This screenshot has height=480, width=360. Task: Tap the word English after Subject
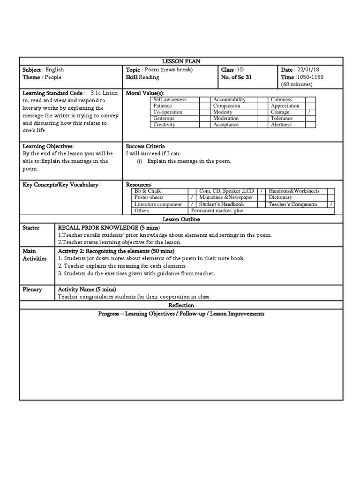[55, 69]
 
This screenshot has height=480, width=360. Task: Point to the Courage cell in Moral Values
[280, 112]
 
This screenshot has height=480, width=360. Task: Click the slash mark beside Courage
[310, 112]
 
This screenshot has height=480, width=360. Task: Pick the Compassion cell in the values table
[227, 106]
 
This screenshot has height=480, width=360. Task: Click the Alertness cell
[281, 125]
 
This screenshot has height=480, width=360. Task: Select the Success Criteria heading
[145, 146]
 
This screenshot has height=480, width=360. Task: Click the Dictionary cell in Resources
[281, 198]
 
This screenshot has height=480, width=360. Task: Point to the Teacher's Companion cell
[292, 204]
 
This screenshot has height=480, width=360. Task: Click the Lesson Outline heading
[181, 219]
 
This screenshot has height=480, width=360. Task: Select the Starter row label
[31, 227]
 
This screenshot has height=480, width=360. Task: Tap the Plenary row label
[32, 289]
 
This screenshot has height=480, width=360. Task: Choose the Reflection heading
[181, 305]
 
